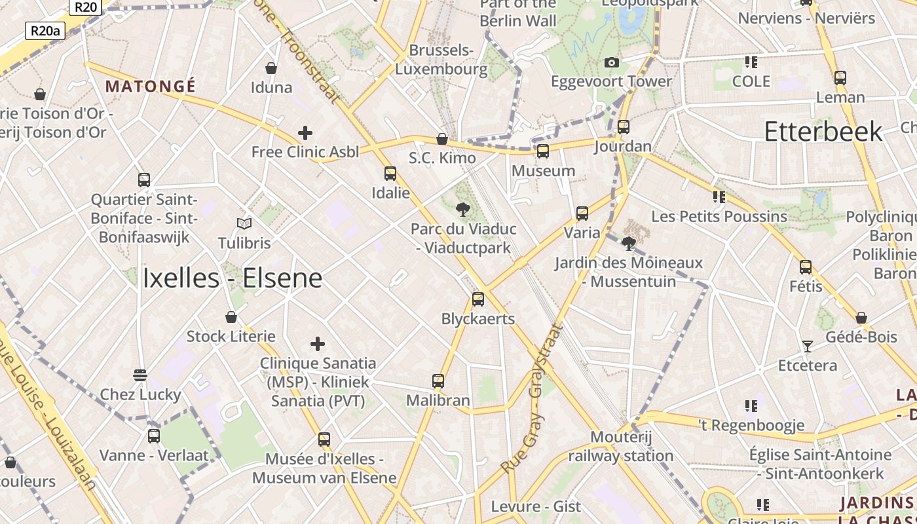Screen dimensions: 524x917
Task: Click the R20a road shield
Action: coord(45,30)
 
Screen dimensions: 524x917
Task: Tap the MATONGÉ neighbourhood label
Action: coord(151,86)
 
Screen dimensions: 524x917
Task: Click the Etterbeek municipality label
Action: coord(823,132)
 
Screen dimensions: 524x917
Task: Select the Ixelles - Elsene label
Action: coord(233,278)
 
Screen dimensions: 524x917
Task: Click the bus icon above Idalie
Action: coord(390,174)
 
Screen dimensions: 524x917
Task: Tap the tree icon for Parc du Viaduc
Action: coord(463,210)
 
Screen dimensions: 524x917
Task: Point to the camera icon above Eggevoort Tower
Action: coord(612,62)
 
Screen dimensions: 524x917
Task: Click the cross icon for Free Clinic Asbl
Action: coord(305,133)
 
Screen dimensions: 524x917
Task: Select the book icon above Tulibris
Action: coord(244,223)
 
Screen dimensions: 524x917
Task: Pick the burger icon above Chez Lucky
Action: coord(140,375)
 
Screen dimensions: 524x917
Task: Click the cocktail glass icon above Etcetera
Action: coord(807,346)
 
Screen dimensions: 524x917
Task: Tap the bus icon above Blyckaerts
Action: coord(478,299)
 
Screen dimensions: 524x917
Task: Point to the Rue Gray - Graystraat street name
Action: coord(533,398)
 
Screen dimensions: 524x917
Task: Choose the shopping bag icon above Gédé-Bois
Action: coord(861,318)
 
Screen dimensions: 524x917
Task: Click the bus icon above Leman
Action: coord(840,78)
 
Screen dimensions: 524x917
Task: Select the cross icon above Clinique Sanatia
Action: coord(318,344)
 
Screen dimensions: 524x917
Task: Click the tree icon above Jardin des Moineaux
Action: coord(629,244)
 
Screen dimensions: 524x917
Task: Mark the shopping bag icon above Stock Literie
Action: coord(231,317)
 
